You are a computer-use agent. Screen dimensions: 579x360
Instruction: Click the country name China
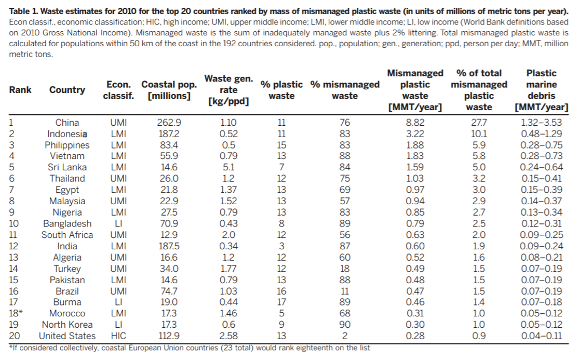point(67,123)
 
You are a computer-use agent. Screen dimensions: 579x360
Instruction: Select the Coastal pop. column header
point(169,90)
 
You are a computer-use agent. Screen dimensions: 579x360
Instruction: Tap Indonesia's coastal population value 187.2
point(169,134)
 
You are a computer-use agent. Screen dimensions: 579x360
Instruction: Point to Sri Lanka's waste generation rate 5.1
point(228,167)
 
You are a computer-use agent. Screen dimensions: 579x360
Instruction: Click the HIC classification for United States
point(118,336)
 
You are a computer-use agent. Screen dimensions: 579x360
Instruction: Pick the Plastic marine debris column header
point(541,90)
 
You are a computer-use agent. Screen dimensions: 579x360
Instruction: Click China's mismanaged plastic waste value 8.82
point(415,123)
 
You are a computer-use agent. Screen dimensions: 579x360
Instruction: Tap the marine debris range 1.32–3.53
point(541,123)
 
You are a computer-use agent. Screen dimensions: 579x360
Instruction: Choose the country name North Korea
point(67,325)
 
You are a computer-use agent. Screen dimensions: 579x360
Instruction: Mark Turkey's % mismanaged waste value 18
point(344,269)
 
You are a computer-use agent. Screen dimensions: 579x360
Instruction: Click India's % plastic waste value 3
point(281,246)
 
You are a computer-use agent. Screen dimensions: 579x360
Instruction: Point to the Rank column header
point(20,90)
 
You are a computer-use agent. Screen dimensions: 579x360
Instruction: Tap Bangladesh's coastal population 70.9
point(169,223)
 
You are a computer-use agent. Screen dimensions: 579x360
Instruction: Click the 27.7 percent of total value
point(479,123)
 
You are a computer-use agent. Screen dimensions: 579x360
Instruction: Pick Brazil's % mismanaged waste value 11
point(344,291)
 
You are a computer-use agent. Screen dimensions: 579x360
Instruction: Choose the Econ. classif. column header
point(118,90)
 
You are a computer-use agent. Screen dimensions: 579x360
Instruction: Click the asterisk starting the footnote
point(11,347)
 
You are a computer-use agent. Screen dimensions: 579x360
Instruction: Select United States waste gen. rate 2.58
point(228,336)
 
